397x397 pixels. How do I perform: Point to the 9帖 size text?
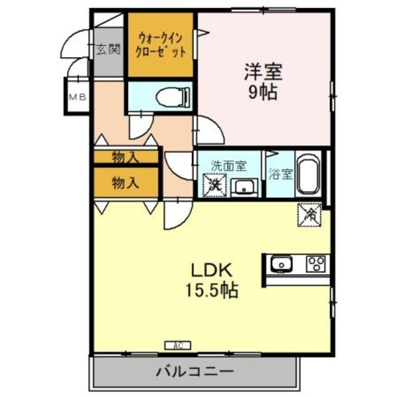[x=263, y=92]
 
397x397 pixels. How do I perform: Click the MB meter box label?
[x=77, y=97]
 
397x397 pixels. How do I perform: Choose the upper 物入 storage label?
[x=125, y=157]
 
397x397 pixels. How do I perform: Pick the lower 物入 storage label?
[x=125, y=182]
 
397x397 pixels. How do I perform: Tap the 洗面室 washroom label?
[x=229, y=166]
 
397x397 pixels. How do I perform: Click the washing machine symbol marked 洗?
[x=214, y=184]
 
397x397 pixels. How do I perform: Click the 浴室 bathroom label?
[x=281, y=174]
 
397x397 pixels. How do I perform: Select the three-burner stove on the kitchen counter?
[x=316, y=265]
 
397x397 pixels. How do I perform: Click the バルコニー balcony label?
[x=194, y=372]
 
